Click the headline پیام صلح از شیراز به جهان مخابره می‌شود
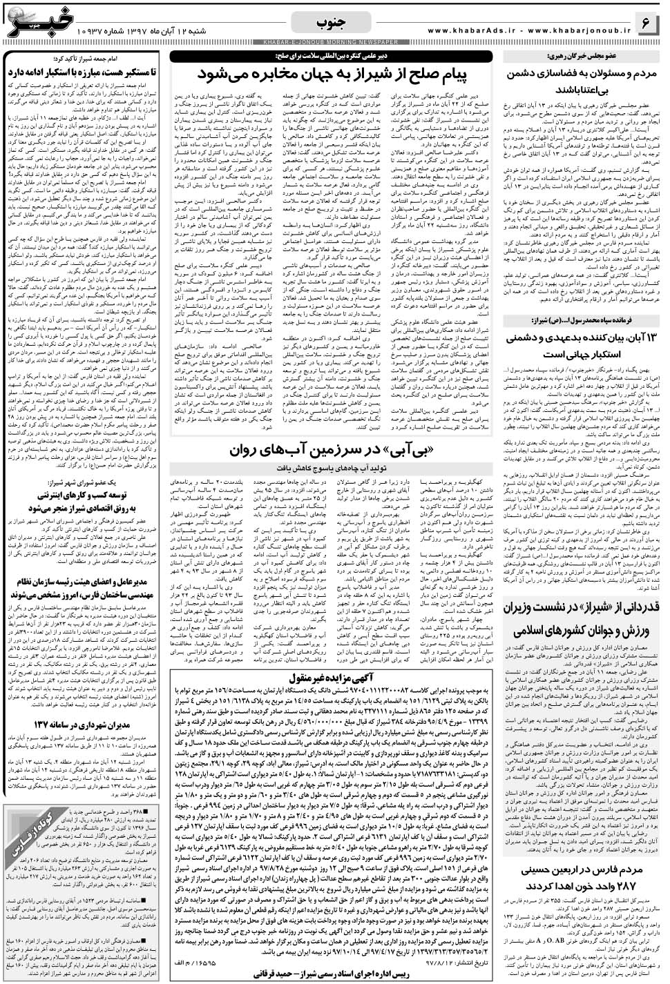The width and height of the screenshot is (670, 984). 335,73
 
